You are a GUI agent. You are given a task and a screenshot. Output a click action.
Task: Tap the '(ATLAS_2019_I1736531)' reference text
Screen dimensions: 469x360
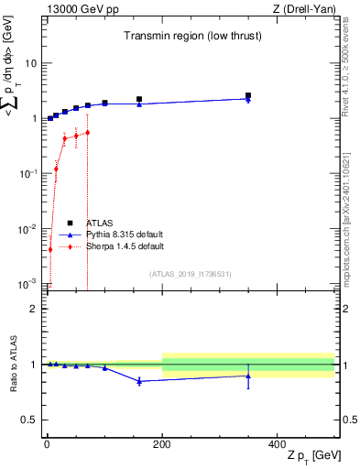[x=191, y=273]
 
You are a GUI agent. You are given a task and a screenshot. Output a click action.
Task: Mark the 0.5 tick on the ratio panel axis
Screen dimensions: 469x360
[x=30, y=419]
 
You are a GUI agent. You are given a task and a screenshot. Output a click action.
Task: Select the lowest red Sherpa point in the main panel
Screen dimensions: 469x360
[x=50, y=249]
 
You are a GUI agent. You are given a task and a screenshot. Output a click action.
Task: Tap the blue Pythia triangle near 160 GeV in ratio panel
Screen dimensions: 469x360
[x=139, y=381]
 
